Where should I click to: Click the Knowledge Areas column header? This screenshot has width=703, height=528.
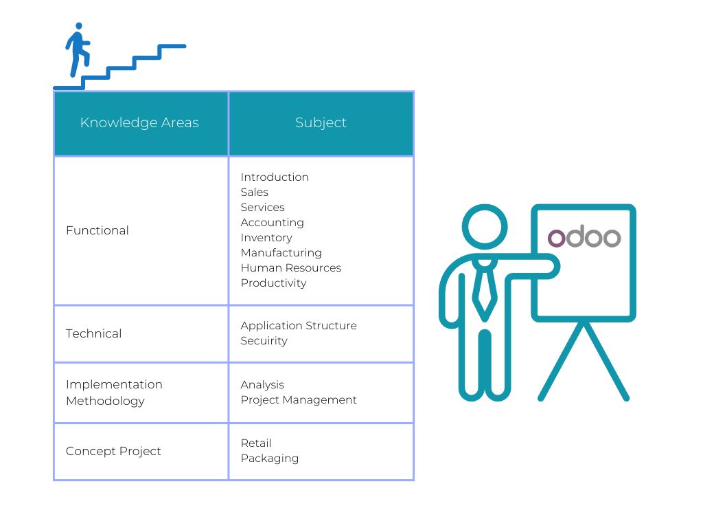(x=139, y=122)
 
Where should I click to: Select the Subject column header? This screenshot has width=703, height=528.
(x=321, y=122)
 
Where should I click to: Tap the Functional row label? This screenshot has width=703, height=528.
(x=97, y=230)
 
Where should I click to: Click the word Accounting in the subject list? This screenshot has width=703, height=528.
(x=272, y=223)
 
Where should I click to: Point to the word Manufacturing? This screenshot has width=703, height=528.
(x=281, y=253)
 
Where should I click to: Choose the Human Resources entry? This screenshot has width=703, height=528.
(x=291, y=267)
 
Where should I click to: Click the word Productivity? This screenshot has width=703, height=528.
(x=273, y=283)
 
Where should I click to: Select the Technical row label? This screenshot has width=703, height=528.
(x=93, y=333)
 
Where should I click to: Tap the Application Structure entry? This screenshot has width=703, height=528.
(x=299, y=325)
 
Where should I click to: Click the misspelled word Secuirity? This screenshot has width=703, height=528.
(x=264, y=341)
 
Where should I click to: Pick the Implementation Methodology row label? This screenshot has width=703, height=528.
(x=114, y=393)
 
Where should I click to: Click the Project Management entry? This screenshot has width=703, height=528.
(x=299, y=399)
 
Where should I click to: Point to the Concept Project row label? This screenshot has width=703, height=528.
(x=113, y=451)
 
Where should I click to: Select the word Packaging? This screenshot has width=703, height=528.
(x=269, y=459)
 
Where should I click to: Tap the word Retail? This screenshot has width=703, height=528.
(x=256, y=443)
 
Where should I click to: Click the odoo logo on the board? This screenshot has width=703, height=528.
(x=584, y=236)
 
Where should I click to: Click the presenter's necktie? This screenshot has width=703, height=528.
(x=485, y=290)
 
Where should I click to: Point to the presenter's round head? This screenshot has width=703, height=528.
(x=485, y=227)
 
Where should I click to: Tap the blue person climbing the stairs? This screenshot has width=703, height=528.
(x=78, y=49)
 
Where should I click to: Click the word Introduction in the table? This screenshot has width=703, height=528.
(x=275, y=177)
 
